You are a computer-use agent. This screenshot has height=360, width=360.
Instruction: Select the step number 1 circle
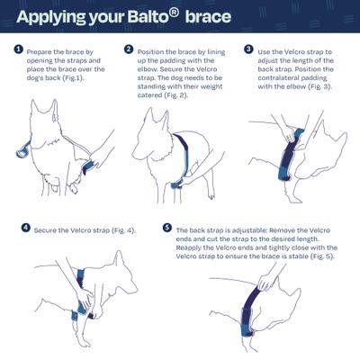(x=18, y=50)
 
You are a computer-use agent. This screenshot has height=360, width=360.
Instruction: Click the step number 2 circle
(x=129, y=50)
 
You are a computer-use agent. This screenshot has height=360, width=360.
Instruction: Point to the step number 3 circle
(x=249, y=50)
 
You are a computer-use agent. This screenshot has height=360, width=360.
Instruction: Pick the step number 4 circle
(x=26, y=229)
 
